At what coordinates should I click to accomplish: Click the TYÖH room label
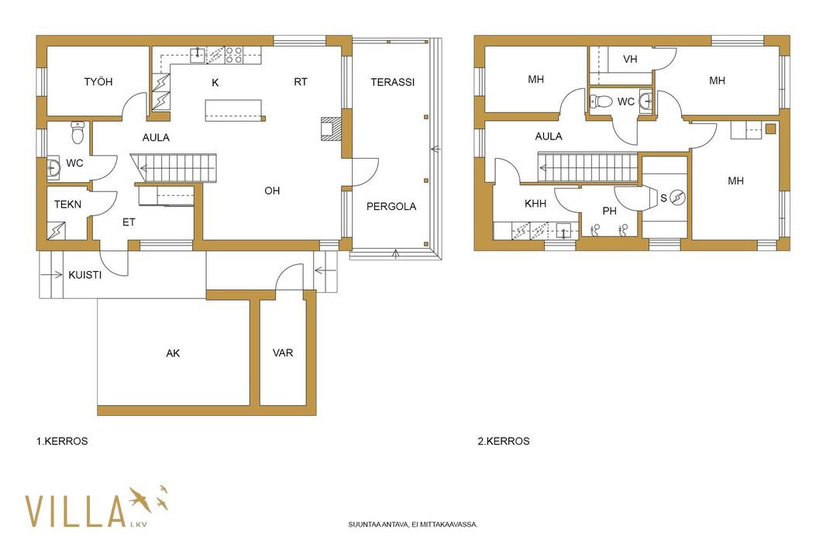point(98,81)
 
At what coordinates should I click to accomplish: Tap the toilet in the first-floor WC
point(77,132)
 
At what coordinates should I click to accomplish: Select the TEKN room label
point(68,205)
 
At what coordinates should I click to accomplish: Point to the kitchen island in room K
point(233,110)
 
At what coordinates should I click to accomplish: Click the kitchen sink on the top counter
point(198,54)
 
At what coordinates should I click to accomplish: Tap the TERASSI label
point(392,82)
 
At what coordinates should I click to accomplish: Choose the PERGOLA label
point(391,207)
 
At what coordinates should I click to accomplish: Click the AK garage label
point(173,353)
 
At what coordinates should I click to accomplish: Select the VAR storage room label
point(283,353)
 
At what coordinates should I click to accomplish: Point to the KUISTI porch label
point(84,275)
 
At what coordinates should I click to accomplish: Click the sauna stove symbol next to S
point(677,198)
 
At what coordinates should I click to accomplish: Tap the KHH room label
point(535,204)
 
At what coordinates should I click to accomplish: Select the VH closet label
point(630,60)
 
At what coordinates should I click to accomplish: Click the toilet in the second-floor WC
point(601,101)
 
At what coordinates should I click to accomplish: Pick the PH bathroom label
point(610,211)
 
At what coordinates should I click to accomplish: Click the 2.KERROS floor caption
point(504,442)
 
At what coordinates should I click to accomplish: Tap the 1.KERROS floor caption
point(62,442)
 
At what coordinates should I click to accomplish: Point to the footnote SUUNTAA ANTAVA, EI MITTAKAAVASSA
point(413,524)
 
